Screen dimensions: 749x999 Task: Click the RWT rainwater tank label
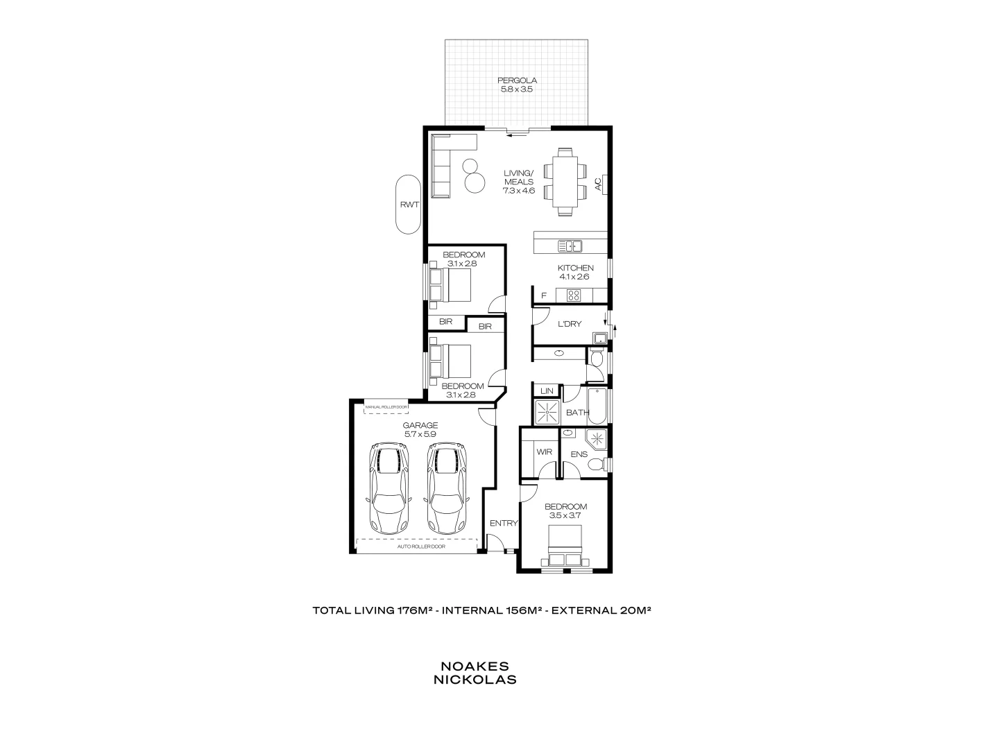click(408, 205)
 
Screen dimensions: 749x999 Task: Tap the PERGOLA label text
click(517, 80)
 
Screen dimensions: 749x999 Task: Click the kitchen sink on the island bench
click(570, 246)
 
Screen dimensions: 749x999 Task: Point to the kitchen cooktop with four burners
click(574, 295)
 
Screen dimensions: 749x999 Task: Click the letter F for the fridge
click(544, 296)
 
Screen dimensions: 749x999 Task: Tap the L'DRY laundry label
click(570, 324)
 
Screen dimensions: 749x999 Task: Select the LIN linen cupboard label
click(547, 391)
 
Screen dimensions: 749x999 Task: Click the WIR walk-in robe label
click(544, 452)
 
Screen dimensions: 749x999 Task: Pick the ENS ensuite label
click(579, 455)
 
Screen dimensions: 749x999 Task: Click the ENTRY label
click(504, 523)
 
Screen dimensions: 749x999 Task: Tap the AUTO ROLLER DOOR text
click(420, 546)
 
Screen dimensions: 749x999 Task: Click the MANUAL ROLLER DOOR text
click(386, 407)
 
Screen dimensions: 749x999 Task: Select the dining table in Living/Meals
click(564, 180)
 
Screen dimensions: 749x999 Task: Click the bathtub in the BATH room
click(597, 405)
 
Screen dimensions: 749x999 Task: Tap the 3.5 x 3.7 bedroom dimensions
click(565, 515)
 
